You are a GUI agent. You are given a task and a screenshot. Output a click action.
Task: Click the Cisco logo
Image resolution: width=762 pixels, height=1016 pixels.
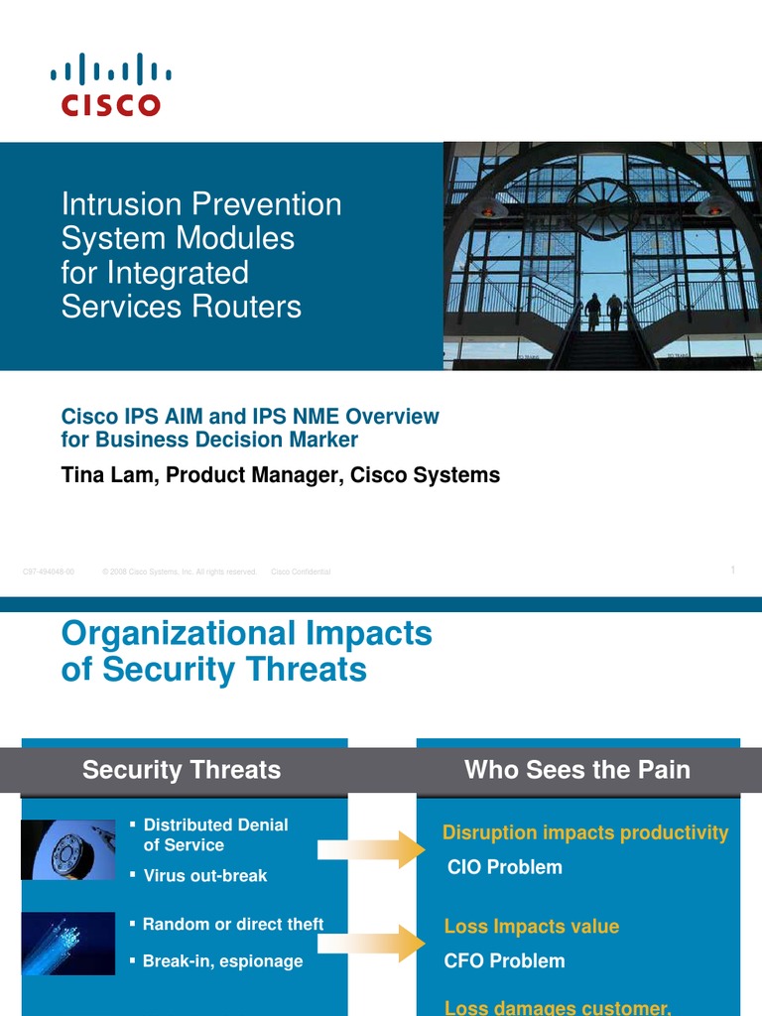(x=110, y=85)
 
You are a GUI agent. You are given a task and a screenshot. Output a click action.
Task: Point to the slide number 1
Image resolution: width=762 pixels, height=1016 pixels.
(x=732, y=570)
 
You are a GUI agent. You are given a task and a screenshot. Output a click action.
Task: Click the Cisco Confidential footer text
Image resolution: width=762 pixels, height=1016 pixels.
(x=301, y=572)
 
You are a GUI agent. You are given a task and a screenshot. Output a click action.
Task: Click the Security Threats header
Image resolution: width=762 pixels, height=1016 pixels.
(x=182, y=770)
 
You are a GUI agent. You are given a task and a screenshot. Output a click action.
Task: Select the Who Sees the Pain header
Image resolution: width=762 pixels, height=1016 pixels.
(x=576, y=770)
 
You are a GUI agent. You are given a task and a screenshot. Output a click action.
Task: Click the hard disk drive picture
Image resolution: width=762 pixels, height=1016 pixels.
(x=67, y=849)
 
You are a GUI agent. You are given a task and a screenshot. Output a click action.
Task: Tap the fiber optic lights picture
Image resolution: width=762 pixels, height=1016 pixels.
(x=67, y=944)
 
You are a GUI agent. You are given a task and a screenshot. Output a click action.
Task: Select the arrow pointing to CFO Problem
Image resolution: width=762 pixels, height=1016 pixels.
(x=371, y=944)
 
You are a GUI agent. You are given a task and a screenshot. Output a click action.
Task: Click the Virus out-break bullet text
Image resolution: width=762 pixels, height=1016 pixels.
(x=204, y=876)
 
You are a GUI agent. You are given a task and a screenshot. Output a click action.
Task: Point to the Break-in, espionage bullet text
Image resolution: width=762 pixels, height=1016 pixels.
(x=222, y=961)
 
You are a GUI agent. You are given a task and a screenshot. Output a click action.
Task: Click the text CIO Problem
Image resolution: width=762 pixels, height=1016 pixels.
(x=504, y=867)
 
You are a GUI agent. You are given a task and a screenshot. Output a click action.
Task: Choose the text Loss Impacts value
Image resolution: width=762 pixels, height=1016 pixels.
(x=531, y=927)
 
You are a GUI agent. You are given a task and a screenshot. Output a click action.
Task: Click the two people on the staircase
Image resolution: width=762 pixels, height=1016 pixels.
(x=603, y=312)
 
